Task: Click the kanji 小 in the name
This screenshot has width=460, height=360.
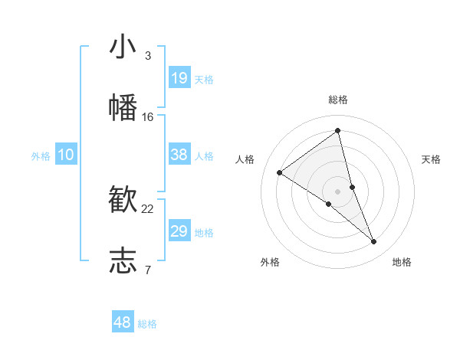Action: pyautogui.click(x=123, y=47)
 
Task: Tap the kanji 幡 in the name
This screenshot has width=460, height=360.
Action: pyautogui.click(x=123, y=107)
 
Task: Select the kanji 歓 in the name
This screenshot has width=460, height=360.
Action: pyautogui.click(x=123, y=200)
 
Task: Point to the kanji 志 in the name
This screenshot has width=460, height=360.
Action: pyautogui.click(x=123, y=260)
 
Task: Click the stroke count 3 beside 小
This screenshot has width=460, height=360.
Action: pyautogui.click(x=147, y=56)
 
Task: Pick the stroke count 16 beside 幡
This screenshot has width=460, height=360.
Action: pyautogui.click(x=148, y=116)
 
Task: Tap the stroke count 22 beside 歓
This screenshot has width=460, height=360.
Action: pyautogui.click(x=148, y=209)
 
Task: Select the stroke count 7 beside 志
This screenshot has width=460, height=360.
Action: pyautogui.click(x=147, y=270)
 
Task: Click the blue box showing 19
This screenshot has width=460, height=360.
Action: pyautogui.click(x=179, y=77)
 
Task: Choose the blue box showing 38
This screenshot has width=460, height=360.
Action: pyautogui.click(x=179, y=155)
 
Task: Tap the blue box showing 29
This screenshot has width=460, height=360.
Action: pyautogui.click(x=179, y=231)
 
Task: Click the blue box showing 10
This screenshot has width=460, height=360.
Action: pyautogui.click(x=66, y=155)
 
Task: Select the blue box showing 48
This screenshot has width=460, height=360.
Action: pyautogui.click(x=123, y=322)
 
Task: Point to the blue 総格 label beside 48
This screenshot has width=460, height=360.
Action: pyautogui.click(x=147, y=324)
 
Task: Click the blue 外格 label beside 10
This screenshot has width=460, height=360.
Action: pyautogui.click(x=41, y=156)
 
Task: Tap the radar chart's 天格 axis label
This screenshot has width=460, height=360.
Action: pyautogui.click(x=431, y=159)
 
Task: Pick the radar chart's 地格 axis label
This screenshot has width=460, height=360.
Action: pyautogui.click(x=402, y=262)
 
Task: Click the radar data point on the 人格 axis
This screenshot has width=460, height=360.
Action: pyautogui.click(x=280, y=172)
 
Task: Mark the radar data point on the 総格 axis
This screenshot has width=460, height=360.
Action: pyautogui.click(x=337, y=131)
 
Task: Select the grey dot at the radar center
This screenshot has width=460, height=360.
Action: pyautogui.click(x=337, y=191)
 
